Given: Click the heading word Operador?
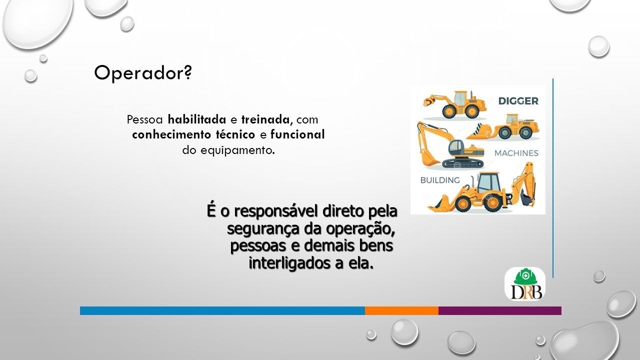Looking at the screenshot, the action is [x=143, y=73].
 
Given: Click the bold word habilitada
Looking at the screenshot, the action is [x=197, y=119].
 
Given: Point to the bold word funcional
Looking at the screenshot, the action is [x=297, y=134].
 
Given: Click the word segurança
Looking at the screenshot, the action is [x=263, y=229].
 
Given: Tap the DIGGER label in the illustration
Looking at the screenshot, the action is [x=518, y=101].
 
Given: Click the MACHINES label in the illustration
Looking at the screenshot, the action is [x=516, y=153].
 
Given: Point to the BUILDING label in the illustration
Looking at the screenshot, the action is [x=440, y=180].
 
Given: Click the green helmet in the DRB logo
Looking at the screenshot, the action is [x=525, y=276].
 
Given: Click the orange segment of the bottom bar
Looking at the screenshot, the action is [x=401, y=311].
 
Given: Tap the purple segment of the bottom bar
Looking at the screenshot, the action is [x=500, y=311].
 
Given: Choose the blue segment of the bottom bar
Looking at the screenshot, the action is [x=222, y=311].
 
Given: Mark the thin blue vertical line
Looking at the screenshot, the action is [x=553, y=178].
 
